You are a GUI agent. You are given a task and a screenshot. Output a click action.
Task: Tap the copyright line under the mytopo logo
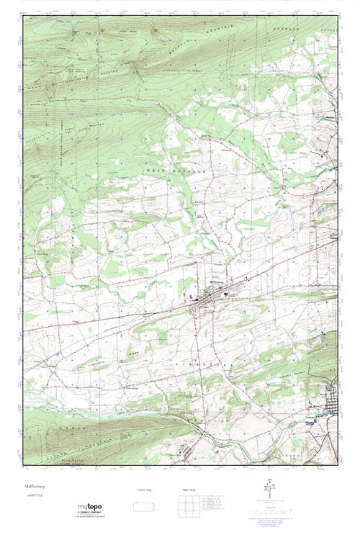pyautogui.click(x=91, y=519)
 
